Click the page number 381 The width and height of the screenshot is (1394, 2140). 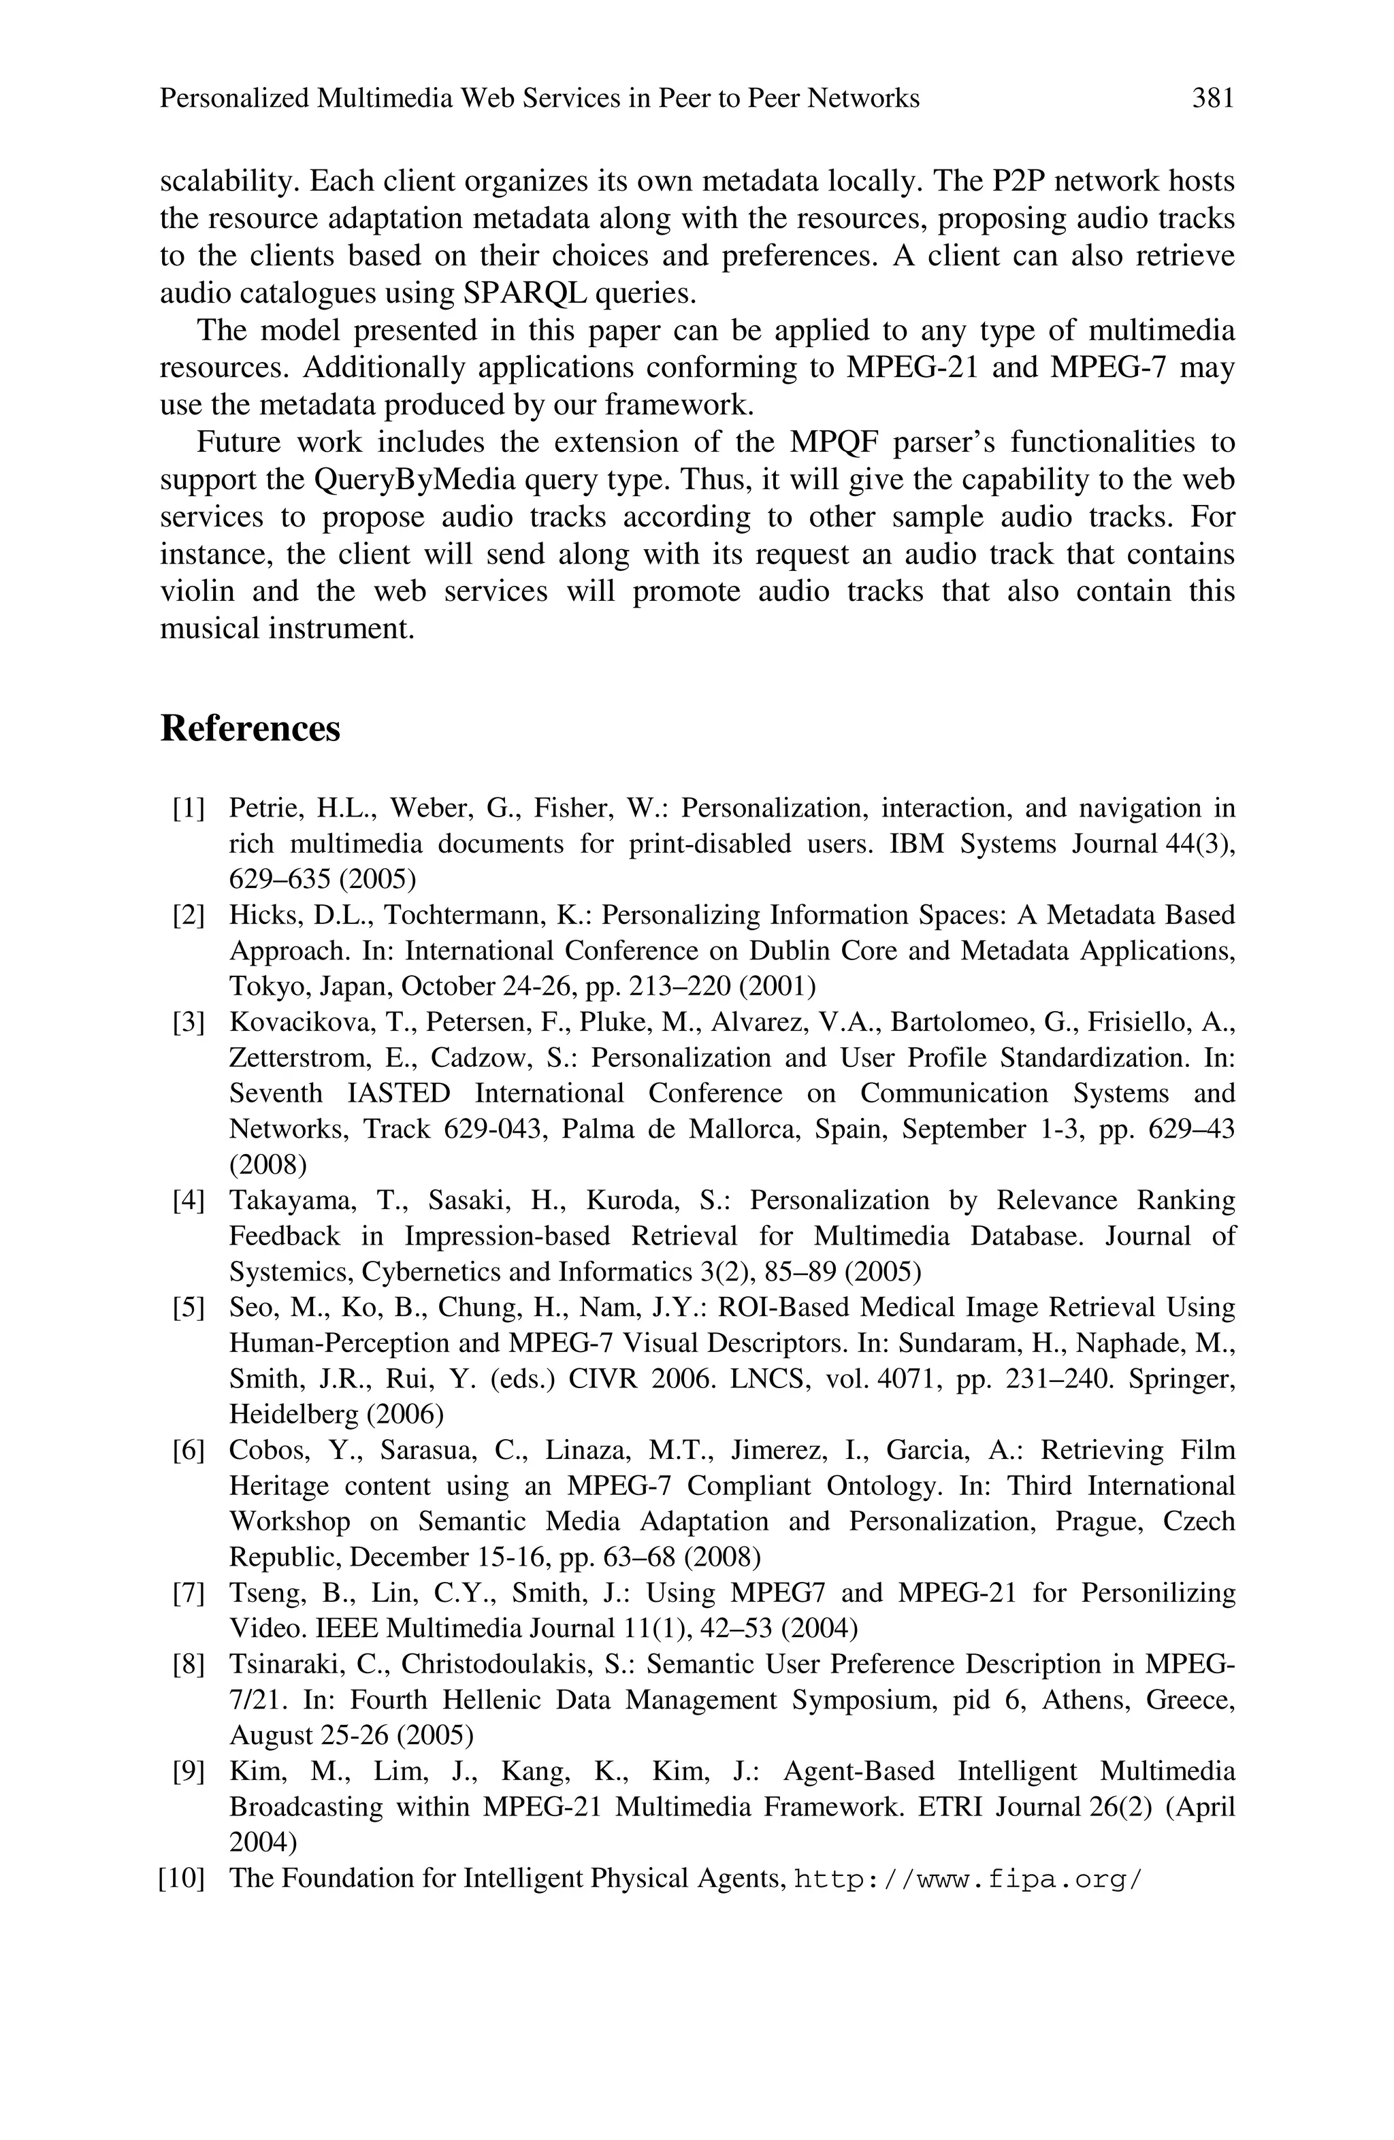coord(1212,98)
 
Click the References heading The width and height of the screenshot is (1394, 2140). coord(250,728)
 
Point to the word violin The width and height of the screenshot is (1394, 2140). coord(196,591)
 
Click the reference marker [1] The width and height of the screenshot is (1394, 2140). coord(188,808)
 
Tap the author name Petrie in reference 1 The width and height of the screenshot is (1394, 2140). coord(264,808)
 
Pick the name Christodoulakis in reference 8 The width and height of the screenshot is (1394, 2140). coord(491,1664)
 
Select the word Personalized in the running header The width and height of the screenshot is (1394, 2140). coord(233,98)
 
